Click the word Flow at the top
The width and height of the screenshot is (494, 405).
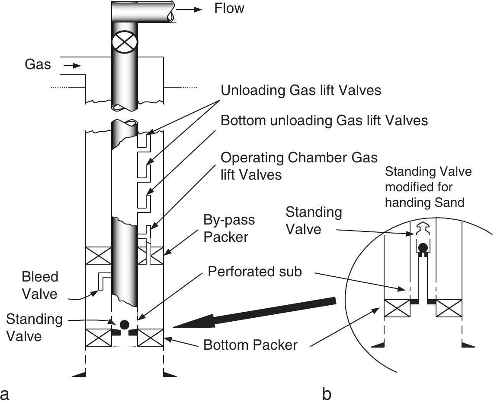pos(229,8)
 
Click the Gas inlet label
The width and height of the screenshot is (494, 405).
pos(38,65)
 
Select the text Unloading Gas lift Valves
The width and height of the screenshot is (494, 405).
pos(301,90)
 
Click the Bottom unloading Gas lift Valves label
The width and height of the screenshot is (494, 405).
pos(324,120)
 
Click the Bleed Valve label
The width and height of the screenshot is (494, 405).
pos(40,285)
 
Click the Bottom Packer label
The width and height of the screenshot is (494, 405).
pos(250,345)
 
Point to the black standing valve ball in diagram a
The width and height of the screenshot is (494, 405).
pos(125,324)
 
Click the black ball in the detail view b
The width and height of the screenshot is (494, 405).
pos(423,247)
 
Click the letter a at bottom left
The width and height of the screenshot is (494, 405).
pos(5,394)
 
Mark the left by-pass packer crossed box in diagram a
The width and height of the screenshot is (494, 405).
pos(99,255)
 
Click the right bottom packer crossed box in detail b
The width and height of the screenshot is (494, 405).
pos(449,309)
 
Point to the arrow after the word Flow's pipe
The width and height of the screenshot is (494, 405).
pos(196,9)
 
